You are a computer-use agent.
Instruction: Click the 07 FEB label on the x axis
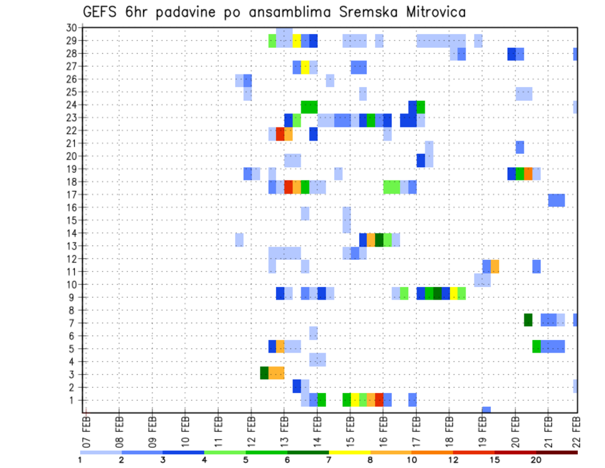tap(86, 430)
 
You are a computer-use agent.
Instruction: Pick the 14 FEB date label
tap(317, 430)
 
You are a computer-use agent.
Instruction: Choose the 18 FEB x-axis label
tap(449, 430)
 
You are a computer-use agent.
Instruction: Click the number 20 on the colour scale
tap(536, 460)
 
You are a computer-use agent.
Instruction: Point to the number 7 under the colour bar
tap(328, 460)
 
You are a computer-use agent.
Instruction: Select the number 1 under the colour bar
tap(80, 460)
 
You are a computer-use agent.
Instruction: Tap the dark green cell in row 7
tap(528, 320)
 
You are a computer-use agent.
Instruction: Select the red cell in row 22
tap(280, 134)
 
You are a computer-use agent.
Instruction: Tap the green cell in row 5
tap(536, 346)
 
